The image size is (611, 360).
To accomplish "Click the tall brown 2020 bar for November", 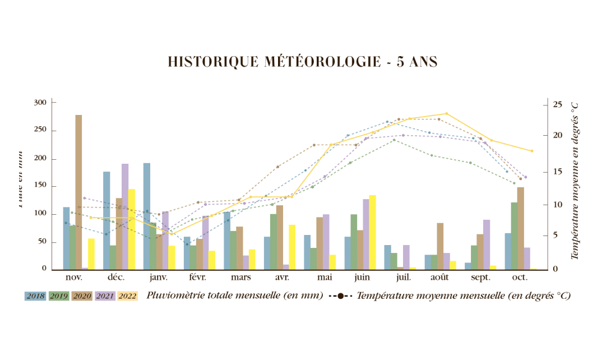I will tap(78, 192).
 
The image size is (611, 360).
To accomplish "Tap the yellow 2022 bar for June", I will tap(372, 232).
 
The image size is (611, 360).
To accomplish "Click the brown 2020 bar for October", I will tap(520, 228).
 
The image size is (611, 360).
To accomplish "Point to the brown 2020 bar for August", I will tap(440, 246).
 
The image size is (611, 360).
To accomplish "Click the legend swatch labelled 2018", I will tap(35, 296).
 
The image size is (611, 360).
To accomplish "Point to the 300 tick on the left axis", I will tap(40, 103).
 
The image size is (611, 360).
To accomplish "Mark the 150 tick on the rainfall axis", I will tap(40, 186).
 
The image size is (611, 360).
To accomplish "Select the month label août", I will tap(439, 278).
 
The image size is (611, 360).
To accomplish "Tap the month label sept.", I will tap(480, 278).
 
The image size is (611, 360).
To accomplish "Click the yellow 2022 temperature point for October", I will tap(532, 151).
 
